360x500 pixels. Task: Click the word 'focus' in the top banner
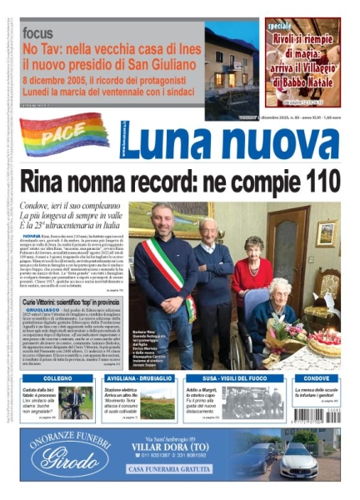39,32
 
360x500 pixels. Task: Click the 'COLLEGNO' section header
57,377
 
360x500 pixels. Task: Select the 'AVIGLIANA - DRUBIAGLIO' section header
139,377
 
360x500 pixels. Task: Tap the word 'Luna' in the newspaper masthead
177,142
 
